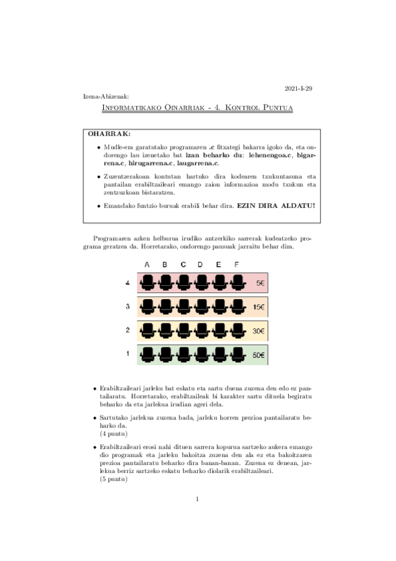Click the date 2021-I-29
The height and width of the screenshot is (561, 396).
click(298, 88)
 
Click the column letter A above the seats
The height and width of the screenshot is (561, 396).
click(147, 265)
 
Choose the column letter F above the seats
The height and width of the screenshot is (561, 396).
click(236, 265)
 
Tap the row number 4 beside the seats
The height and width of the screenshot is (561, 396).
click(127, 283)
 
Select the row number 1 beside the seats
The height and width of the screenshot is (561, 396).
click(127, 354)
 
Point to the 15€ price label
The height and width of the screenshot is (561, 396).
click(259, 308)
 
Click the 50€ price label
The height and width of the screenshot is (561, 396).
click(259, 355)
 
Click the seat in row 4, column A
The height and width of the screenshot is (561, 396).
click(147, 283)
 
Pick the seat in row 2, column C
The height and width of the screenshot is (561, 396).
click(183, 330)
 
